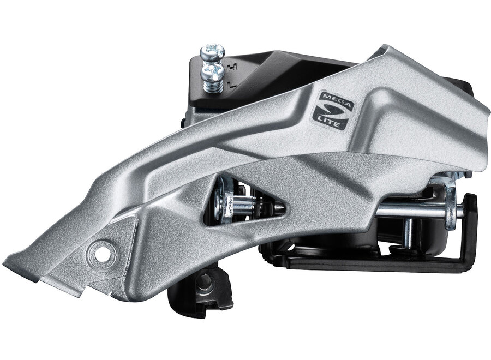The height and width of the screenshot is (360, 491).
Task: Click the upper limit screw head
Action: pyautogui.click(x=213, y=51)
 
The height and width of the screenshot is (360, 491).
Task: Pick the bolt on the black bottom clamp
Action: pyautogui.click(x=204, y=281)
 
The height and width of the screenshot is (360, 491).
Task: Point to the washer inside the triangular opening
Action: pyautogui.click(x=223, y=204)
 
